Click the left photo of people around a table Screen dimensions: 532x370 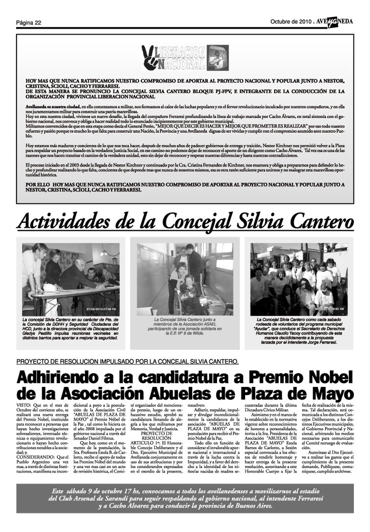point(71,279)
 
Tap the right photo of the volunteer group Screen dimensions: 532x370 point(299,279)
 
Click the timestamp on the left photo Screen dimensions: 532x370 point(101,309)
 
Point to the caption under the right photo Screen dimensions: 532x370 point(299,331)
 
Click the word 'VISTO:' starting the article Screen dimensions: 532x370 point(25,406)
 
